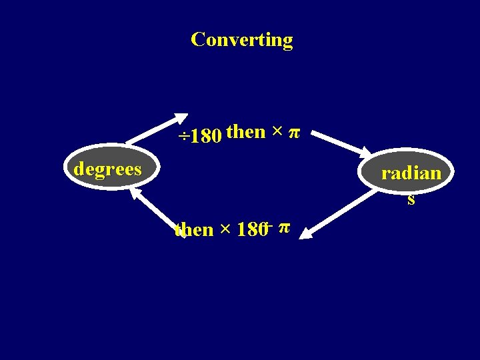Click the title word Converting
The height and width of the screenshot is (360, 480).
[x=241, y=40]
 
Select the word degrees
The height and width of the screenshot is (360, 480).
[x=107, y=169]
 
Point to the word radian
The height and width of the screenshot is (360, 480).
[x=411, y=173]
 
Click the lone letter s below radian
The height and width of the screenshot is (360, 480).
[x=411, y=199]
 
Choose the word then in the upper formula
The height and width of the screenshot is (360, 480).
[x=245, y=132]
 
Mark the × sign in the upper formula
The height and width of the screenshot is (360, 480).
[x=275, y=132]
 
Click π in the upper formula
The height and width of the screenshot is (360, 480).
[x=293, y=133]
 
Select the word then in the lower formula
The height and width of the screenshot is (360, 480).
[x=193, y=230]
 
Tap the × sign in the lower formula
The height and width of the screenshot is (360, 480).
[x=225, y=230]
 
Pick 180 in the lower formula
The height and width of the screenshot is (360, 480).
[x=251, y=230]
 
